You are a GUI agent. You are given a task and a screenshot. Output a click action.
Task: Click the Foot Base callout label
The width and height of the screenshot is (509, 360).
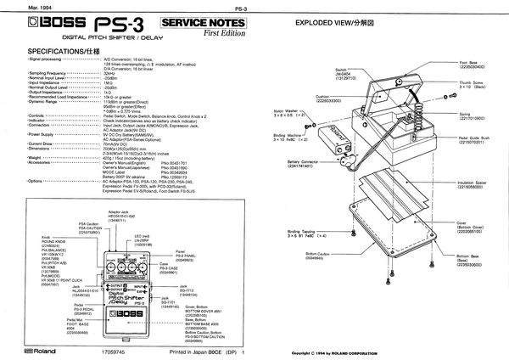point(471,65)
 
